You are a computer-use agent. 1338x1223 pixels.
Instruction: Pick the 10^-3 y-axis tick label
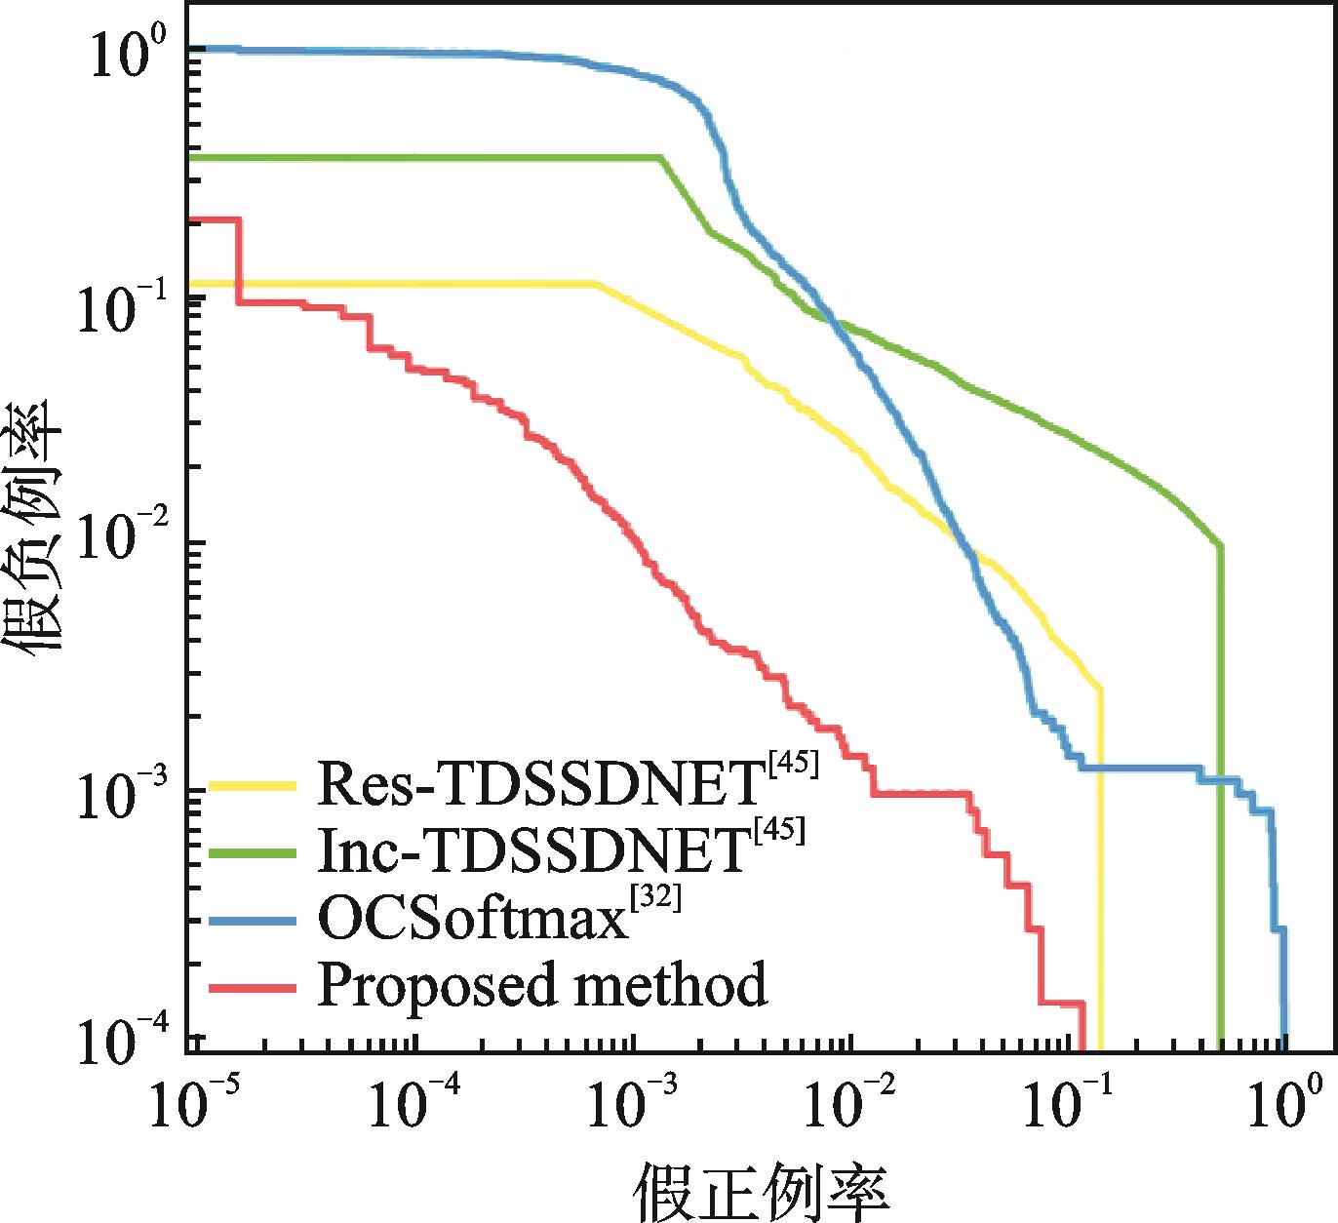tap(115, 795)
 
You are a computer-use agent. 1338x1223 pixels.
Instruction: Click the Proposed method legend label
tap(542, 985)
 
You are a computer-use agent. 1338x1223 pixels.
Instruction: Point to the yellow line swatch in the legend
tap(253, 783)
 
